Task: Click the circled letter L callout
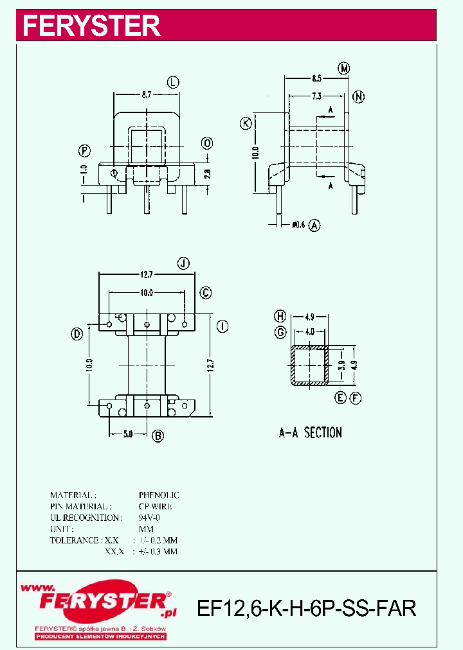173,82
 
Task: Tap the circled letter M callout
344,69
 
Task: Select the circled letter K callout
246,124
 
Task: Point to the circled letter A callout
314,225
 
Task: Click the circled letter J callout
184,263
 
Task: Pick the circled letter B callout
158,435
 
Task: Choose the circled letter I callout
221,326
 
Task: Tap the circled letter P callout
84,152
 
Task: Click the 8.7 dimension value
147,94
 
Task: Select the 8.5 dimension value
316,79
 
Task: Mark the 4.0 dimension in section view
309,332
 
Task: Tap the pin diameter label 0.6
298,225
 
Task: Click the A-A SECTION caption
310,433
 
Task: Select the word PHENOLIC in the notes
159,495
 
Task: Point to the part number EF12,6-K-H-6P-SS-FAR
306,608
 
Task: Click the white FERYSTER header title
91,26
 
